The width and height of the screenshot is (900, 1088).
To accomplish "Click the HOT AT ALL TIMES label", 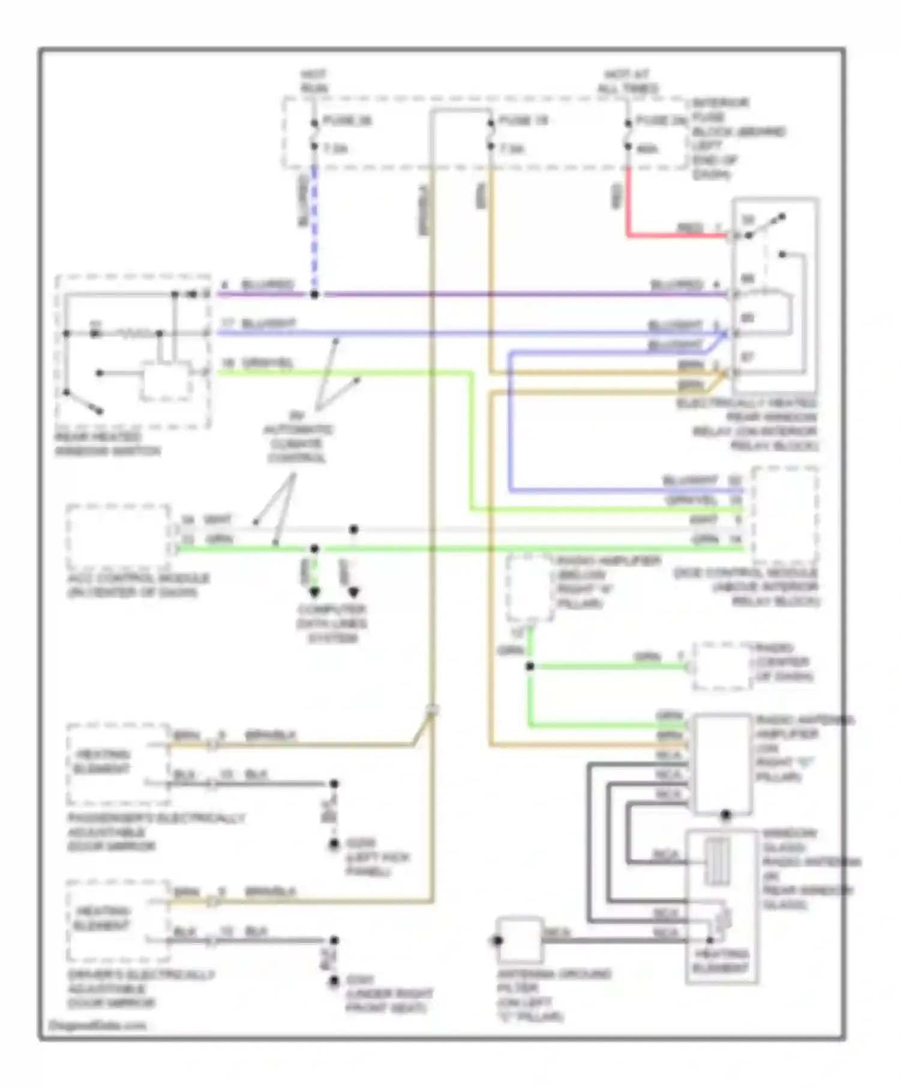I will coord(627,82).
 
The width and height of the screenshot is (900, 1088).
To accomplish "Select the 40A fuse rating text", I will coord(647,148).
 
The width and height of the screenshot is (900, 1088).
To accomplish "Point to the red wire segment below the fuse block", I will coord(628,204).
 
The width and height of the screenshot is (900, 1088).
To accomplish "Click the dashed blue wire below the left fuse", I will coord(314,228).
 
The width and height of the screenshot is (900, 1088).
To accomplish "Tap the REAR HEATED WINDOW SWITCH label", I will coord(107,444).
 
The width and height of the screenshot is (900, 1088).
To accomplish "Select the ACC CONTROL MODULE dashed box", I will coord(118,537).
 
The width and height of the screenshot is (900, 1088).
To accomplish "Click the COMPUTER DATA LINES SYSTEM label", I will coord(332,624).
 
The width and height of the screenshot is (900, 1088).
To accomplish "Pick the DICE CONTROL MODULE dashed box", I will coord(785,516).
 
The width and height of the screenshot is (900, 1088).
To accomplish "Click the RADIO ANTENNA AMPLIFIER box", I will coord(722,763).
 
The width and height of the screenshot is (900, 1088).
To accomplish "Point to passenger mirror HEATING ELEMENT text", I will coord(101,762).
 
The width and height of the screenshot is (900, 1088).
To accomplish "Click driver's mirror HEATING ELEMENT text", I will coord(101,918).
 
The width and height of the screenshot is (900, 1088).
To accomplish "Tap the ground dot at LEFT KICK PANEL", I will coord(334,844).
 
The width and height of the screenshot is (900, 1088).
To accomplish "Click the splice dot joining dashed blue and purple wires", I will coord(314,294).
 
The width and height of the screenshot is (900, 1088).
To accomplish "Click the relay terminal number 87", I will coord(747,357).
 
